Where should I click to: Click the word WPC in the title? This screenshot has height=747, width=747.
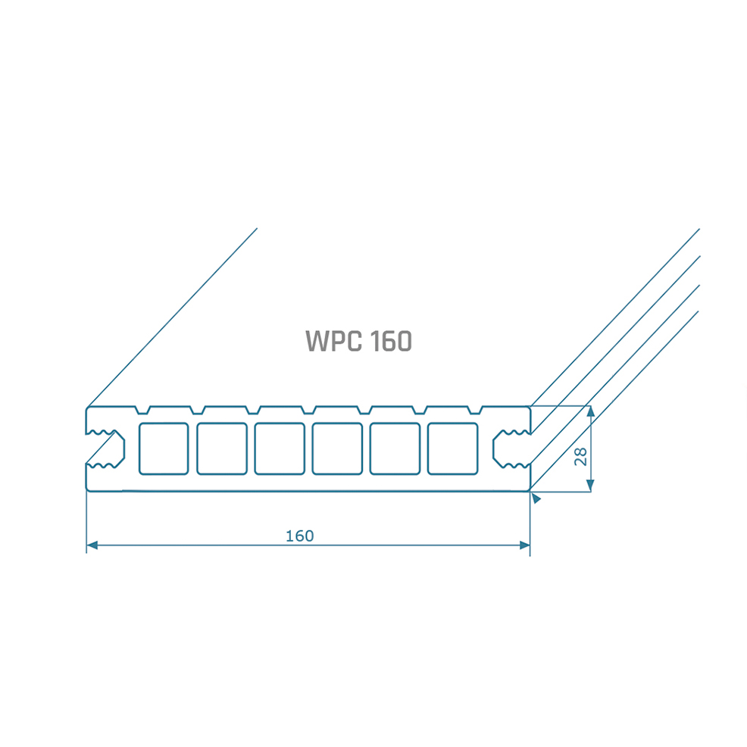(333, 341)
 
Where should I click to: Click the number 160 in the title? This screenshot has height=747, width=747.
(391, 341)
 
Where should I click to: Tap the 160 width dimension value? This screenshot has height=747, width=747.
(300, 536)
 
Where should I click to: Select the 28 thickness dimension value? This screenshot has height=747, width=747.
(581, 457)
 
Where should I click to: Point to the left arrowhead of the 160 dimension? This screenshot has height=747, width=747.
(92, 545)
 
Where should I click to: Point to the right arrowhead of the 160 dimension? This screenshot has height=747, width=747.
(524, 545)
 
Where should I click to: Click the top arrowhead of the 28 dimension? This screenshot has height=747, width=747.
(591, 411)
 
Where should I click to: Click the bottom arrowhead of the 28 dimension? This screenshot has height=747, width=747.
(591, 486)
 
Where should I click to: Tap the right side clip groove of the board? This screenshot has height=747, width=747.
(511, 449)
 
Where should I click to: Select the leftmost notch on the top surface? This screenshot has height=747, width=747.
(143, 410)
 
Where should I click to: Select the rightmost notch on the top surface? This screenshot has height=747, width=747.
(475, 410)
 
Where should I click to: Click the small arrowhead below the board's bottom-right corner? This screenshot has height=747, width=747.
(536, 498)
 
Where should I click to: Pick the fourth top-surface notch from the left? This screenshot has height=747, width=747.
(308, 410)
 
